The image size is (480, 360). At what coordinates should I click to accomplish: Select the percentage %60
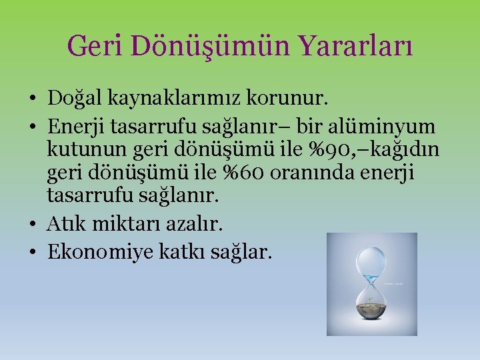pos(252,172)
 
